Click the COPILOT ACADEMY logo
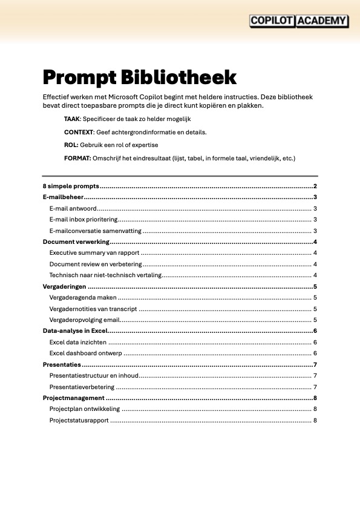(x=299, y=21)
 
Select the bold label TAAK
(x=72, y=119)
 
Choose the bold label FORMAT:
(x=77, y=159)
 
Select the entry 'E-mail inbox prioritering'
(x=83, y=220)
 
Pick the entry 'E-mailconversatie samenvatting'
(x=96, y=231)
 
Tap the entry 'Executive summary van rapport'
(x=94, y=253)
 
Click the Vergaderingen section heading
(x=64, y=286)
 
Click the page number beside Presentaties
(x=315, y=364)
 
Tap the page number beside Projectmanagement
(x=315, y=398)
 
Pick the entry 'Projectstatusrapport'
(x=79, y=420)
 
